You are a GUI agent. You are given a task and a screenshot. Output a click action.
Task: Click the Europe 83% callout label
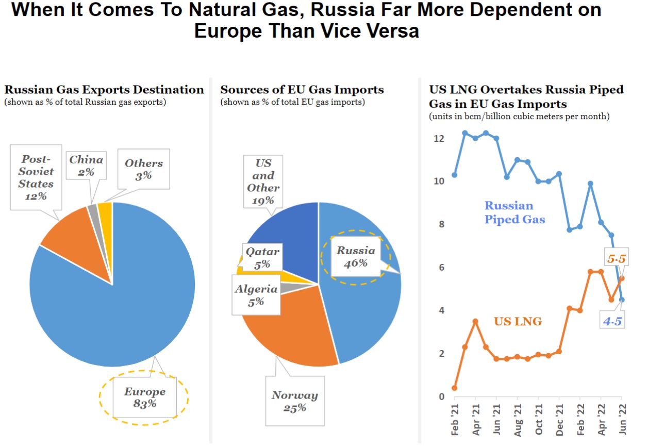click(144, 398)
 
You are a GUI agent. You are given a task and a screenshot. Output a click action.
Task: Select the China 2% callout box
click(86, 165)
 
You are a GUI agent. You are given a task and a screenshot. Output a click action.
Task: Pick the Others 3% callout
click(143, 169)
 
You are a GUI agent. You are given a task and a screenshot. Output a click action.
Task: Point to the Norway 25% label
click(294, 401)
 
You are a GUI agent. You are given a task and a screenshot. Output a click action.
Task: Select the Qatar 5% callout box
click(262, 257)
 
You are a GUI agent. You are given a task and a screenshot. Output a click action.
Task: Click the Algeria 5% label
click(256, 295)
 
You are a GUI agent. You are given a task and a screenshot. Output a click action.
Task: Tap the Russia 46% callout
click(356, 257)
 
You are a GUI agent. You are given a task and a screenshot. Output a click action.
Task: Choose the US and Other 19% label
click(263, 181)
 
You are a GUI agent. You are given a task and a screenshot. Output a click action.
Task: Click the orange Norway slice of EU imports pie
click(289, 330)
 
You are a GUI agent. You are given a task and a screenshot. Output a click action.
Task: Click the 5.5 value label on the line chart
click(616, 259)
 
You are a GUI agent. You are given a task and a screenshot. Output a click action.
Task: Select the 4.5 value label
click(612, 322)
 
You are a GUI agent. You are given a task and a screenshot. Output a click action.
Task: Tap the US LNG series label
click(518, 322)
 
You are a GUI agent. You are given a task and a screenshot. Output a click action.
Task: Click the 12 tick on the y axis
click(439, 139)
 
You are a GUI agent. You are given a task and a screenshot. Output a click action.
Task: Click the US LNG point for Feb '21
click(454, 388)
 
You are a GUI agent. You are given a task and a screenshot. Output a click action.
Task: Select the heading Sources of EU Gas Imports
click(302, 90)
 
